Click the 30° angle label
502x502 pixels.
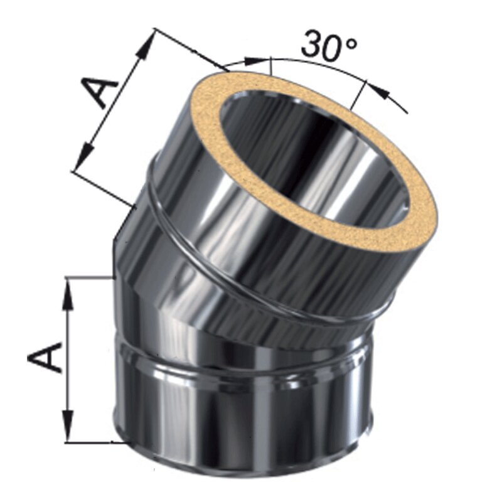point(328,46)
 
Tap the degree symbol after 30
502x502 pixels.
point(351,43)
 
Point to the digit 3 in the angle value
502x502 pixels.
point(311,46)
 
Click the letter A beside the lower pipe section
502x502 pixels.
point(44,357)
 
